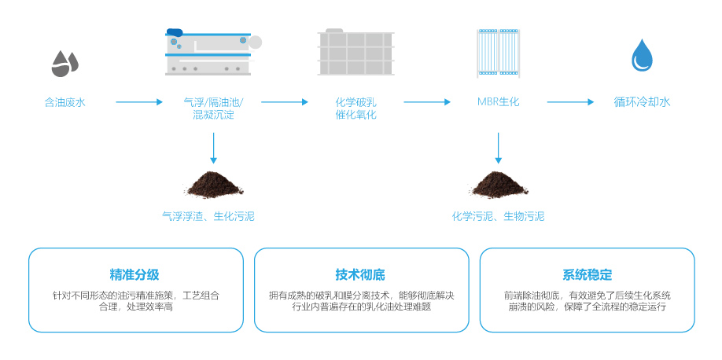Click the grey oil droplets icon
tap(64, 63)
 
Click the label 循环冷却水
tap(642, 102)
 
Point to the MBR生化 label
tap(498, 102)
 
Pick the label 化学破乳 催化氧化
tap(356, 108)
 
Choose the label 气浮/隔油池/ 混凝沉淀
tap(213, 108)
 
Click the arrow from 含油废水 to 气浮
tap(138, 102)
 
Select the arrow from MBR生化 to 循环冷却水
tap(570, 102)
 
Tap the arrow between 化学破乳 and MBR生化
tap(427, 102)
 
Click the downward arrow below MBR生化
tap(499, 148)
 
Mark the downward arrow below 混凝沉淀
tap(213, 148)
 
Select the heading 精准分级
tap(135, 275)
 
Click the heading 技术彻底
tap(360, 275)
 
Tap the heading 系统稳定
tap(587, 275)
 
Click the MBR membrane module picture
tap(499, 53)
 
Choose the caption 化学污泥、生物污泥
tap(498, 216)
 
